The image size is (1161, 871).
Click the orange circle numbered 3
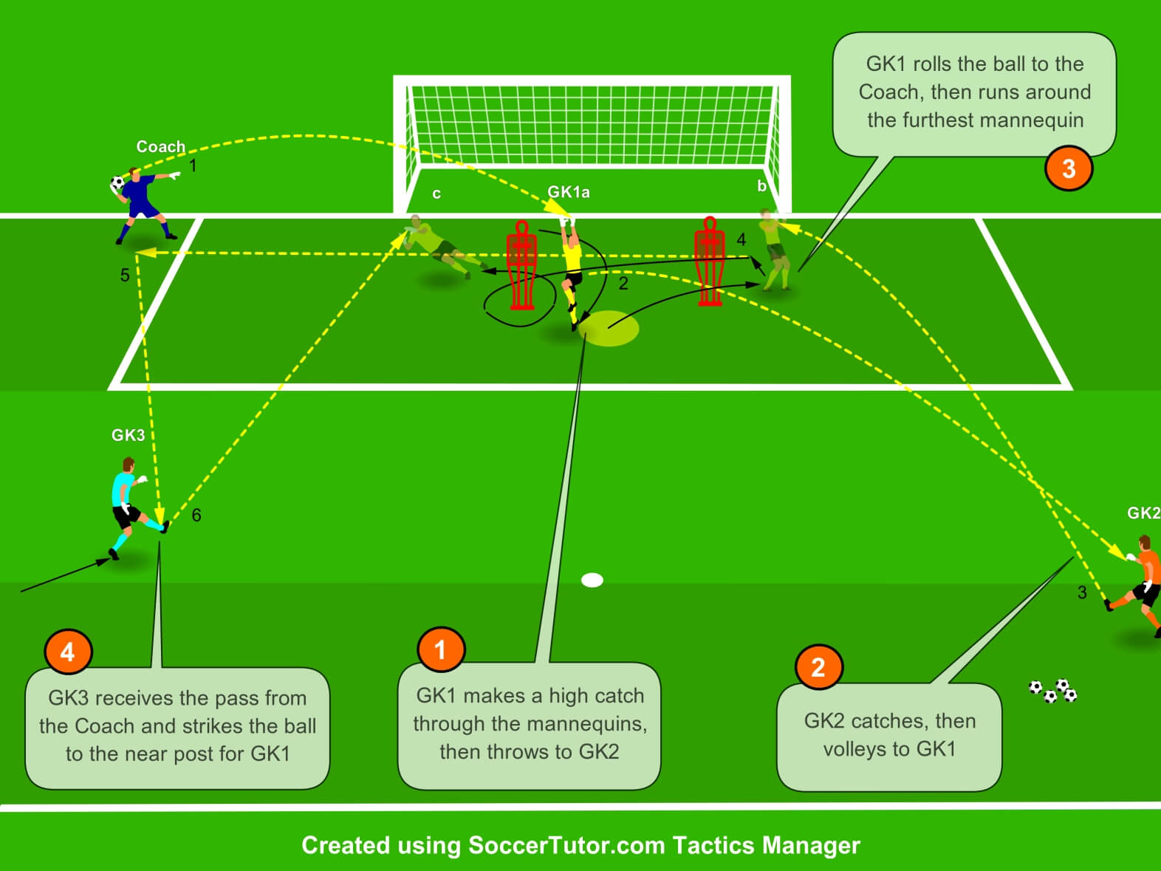click(x=1068, y=168)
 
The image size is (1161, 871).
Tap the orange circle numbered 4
click(x=68, y=652)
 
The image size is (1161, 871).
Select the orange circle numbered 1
click(x=441, y=649)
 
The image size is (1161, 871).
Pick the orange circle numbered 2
click(x=818, y=667)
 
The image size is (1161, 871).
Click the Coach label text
click(x=160, y=146)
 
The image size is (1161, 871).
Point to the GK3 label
click(x=128, y=435)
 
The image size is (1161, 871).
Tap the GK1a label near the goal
click(x=568, y=192)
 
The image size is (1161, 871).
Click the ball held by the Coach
click(x=117, y=182)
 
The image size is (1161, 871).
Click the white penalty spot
click(x=592, y=580)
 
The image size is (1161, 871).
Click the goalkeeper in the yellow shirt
click(x=572, y=270)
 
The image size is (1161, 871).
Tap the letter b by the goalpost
click(x=761, y=186)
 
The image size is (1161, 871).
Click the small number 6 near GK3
click(x=196, y=515)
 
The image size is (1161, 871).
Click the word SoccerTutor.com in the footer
click(x=566, y=845)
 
